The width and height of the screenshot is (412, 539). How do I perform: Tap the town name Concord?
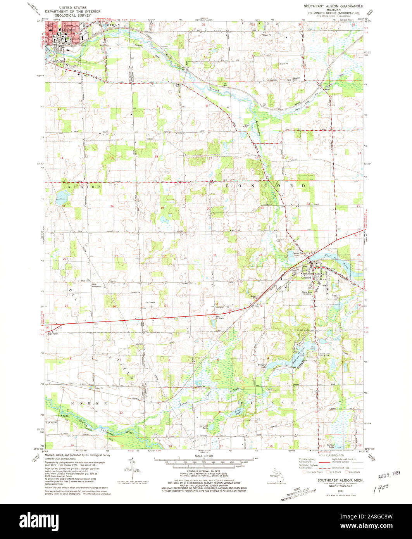(x=306, y=278)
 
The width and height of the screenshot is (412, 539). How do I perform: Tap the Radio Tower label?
(x=53, y=334)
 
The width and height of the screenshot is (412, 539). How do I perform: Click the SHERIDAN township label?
(x=107, y=24)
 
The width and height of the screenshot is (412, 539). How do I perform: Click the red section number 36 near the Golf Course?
(x=114, y=307)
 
